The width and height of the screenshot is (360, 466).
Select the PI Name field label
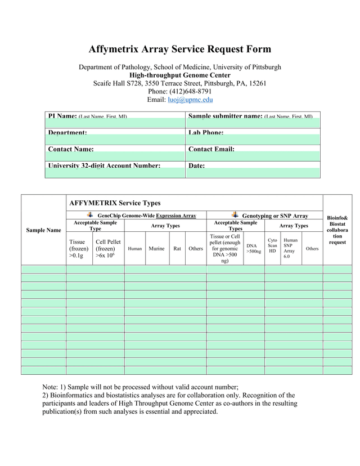tap(62, 116)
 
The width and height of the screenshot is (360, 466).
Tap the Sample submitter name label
tap(226, 116)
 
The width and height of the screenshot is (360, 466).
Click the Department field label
tap(67, 133)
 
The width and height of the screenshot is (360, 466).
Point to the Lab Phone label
tap(206, 133)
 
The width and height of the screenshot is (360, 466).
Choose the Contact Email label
tap(211, 149)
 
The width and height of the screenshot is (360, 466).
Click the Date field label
tap(196, 166)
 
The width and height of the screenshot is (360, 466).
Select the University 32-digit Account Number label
tap(104, 165)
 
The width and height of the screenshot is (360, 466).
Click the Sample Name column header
tap(43, 230)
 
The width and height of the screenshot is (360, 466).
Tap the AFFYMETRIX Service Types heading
tap(115, 203)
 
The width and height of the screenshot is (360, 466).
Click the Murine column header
tap(156, 248)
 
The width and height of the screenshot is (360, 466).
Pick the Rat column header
tap(177, 248)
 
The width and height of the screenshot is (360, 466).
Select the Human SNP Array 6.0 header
tap(290, 248)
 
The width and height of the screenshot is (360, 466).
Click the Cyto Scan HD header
tap(272, 245)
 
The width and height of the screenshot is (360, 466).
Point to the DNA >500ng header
tap(254, 248)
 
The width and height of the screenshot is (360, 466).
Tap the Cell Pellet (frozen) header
tap(108, 248)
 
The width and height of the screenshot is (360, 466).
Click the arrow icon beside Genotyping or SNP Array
tap(235, 215)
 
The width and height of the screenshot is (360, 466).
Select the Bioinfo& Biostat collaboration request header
tap(337, 230)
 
